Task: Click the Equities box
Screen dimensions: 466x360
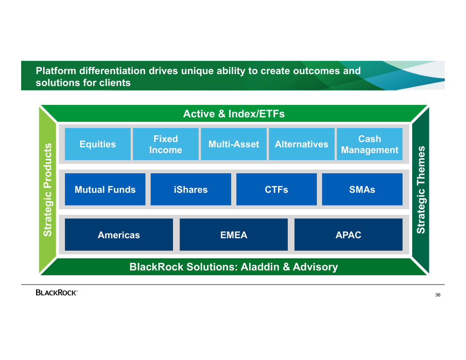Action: click(98, 144)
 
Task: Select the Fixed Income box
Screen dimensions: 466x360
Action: click(165, 144)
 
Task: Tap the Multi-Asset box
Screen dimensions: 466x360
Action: click(233, 144)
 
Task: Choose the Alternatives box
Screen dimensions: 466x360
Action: click(302, 144)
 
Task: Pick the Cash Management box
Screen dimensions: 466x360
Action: click(370, 144)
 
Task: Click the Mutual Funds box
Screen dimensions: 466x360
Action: click(105, 189)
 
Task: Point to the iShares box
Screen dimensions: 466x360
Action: click(191, 189)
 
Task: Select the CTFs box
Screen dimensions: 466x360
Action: click(276, 189)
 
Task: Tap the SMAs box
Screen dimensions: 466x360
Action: click(362, 189)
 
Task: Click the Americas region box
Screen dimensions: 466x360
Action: click(119, 235)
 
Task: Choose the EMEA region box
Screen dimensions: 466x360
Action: click(233, 235)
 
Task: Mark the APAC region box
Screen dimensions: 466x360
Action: click(349, 235)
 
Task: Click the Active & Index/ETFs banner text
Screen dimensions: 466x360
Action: click(234, 114)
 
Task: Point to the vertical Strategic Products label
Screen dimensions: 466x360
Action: click(48, 190)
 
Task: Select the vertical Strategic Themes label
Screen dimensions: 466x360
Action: click(421, 190)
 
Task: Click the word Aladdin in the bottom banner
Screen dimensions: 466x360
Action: click(260, 267)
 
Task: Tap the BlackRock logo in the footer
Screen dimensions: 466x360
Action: click(57, 292)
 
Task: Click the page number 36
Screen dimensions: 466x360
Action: click(438, 295)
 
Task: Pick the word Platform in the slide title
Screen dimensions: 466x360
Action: click(56, 71)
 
